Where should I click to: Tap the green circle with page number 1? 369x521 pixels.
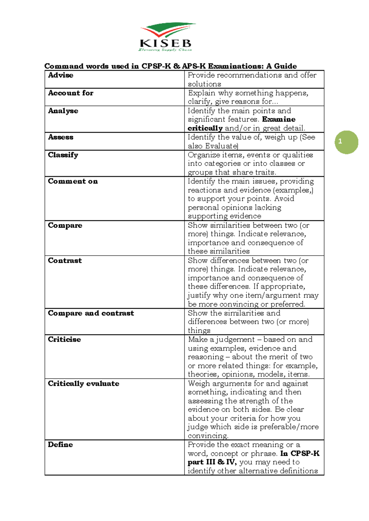pos(346,142)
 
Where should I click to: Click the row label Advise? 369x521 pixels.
pos(61,75)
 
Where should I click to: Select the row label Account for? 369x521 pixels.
pos(70,93)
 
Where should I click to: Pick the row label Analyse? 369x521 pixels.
pos(63,111)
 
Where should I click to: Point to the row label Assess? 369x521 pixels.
pos(61,137)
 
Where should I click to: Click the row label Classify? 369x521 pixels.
pos(63,155)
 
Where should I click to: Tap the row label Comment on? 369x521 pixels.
pos(73,181)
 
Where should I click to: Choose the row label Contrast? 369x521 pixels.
pos(65,260)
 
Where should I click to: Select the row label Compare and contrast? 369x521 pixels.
pos(91,313)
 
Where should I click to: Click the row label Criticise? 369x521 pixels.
pos(64,339)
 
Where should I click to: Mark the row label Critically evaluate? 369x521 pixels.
pos(84,383)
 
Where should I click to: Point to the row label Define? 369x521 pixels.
pos(60,445)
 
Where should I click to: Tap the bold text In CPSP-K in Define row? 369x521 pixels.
pos(300,453)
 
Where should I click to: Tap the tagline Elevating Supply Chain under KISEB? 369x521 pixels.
pos(165,50)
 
